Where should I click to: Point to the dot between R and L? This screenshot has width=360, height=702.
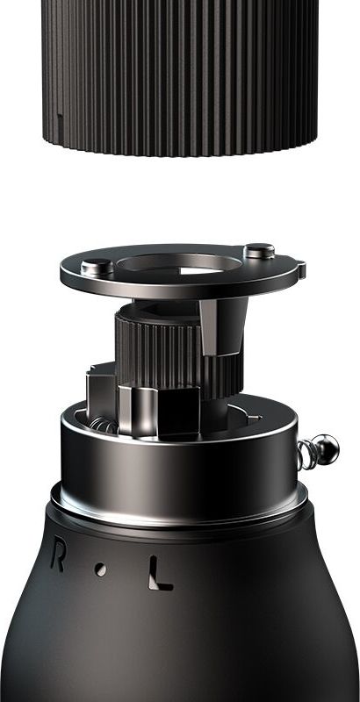click(100, 569)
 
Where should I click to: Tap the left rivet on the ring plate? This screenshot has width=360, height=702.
click(97, 268)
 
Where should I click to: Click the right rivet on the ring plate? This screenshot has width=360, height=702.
click(259, 251)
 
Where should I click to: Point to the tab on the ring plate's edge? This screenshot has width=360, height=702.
click(301, 269)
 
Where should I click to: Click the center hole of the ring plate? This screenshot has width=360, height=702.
click(179, 265)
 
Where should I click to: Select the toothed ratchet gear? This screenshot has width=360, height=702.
click(179, 354)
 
